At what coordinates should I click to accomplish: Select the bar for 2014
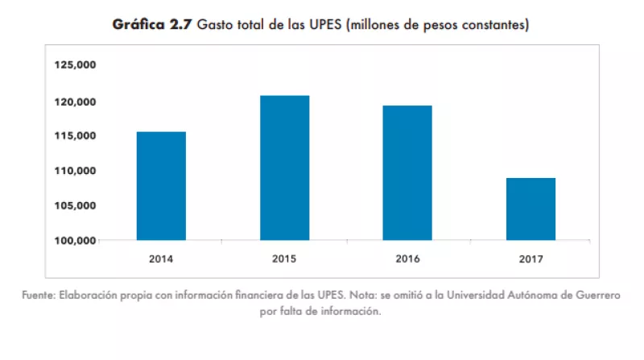(x=161, y=186)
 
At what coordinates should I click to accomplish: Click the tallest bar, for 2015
(x=284, y=168)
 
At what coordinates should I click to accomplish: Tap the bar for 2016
(x=407, y=172)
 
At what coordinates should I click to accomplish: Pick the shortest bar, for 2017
(x=530, y=209)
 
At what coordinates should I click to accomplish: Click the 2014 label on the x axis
(x=161, y=259)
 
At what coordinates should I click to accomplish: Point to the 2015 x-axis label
(x=284, y=259)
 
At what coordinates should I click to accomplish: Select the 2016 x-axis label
(x=407, y=259)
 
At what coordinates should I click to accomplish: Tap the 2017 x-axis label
(x=530, y=259)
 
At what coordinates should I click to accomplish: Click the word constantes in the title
(x=493, y=26)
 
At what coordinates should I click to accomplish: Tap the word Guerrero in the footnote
(x=597, y=296)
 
